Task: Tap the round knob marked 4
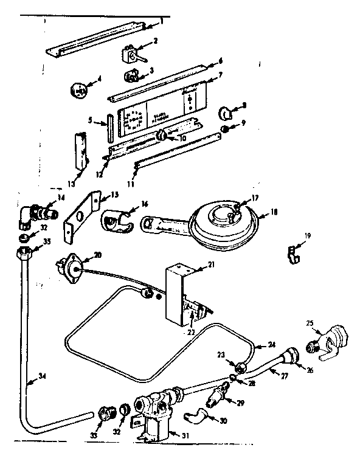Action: [x=78, y=90]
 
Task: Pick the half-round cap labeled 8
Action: [x=225, y=113]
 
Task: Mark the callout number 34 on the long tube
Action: [x=41, y=376]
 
